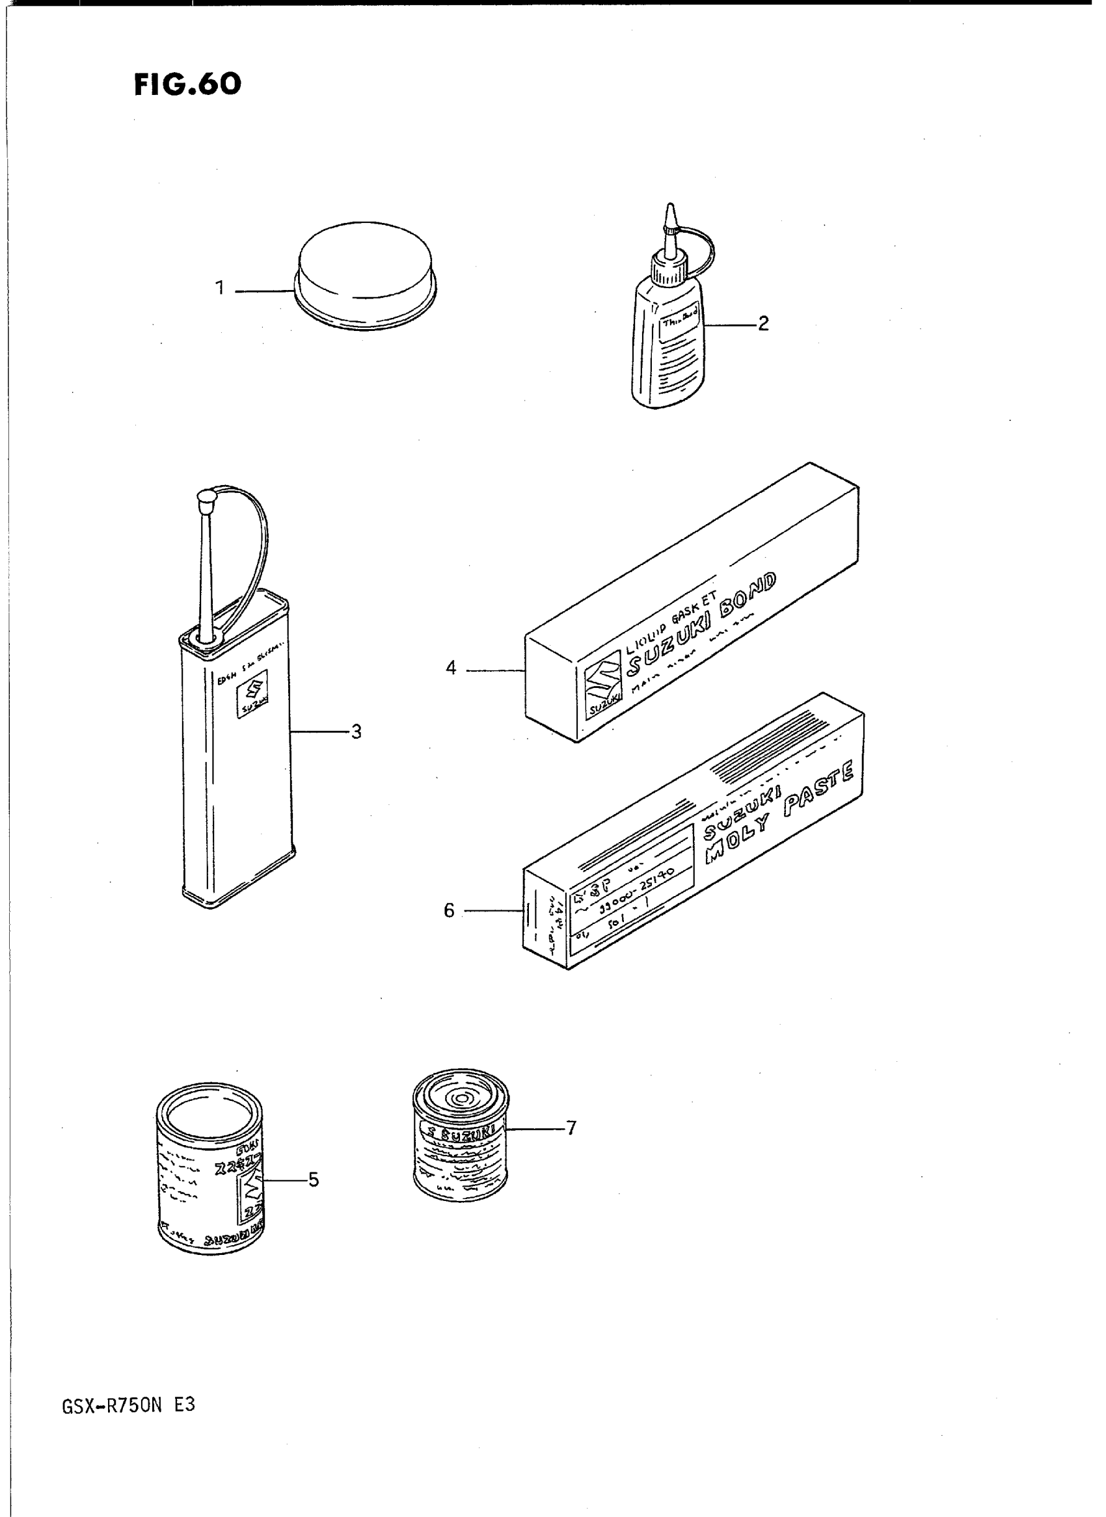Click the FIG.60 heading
pyautogui.click(x=187, y=85)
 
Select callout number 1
pyautogui.click(x=220, y=289)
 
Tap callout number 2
pyautogui.click(x=763, y=324)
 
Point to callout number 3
pyautogui.click(x=356, y=732)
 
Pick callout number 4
pyautogui.click(x=452, y=668)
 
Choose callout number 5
pyautogui.click(x=314, y=1180)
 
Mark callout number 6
pyautogui.click(x=449, y=911)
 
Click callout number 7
pyautogui.click(x=571, y=1128)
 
